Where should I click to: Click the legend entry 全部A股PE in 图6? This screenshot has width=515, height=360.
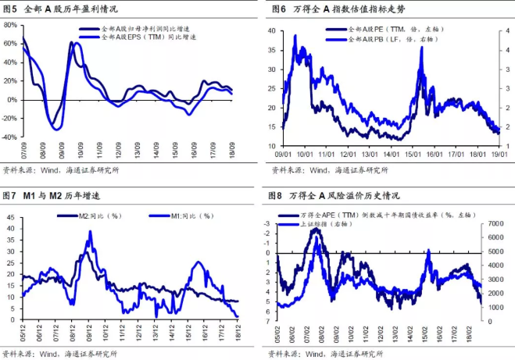(395, 29)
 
